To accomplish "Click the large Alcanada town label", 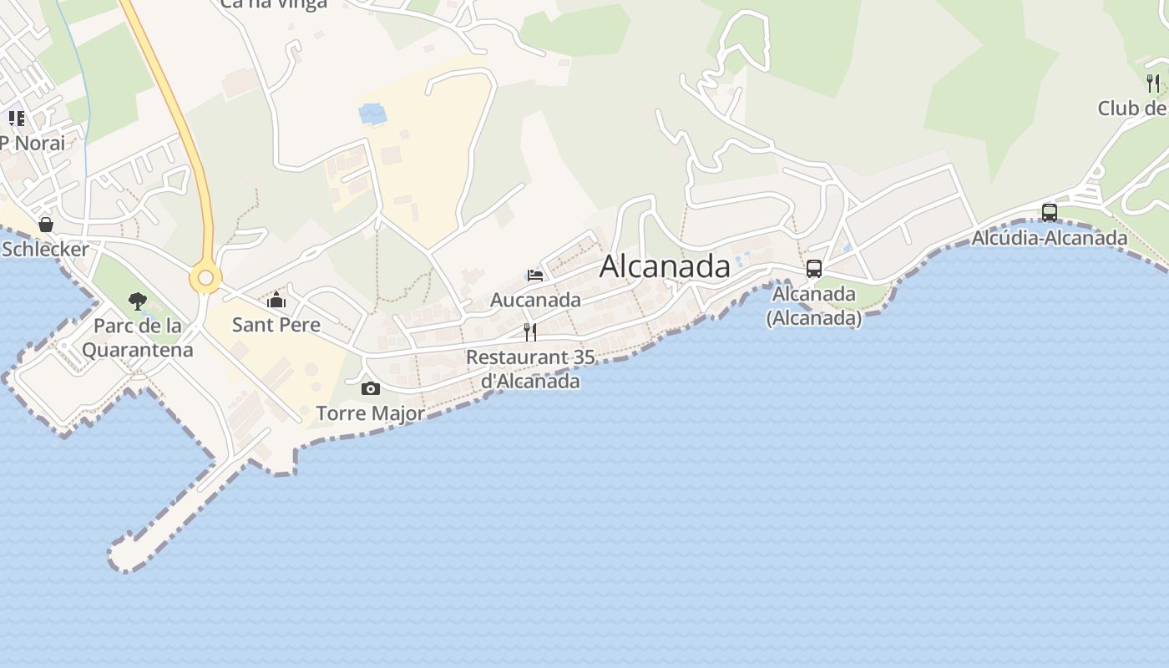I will (x=665, y=266).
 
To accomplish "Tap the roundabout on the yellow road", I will (x=205, y=278).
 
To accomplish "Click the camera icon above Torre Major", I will (x=371, y=388).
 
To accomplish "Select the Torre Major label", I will (x=370, y=412).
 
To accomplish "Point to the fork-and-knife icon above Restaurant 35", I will (x=530, y=332).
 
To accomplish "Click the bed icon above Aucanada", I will (x=535, y=275).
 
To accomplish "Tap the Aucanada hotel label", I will (x=535, y=299).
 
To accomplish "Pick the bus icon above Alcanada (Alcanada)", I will (x=813, y=269).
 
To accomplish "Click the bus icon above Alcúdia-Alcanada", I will (x=1050, y=213).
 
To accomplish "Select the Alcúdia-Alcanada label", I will (x=1049, y=238).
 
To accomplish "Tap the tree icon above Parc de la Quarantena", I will (x=138, y=301).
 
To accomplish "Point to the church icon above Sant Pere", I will (x=276, y=300).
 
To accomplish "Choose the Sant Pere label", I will (x=276, y=324).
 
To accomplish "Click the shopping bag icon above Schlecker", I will (x=46, y=225).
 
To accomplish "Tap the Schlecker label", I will (x=45, y=249).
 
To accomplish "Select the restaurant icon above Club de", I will (x=1153, y=83).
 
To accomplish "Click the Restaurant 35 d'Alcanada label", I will (x=530, y=369).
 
